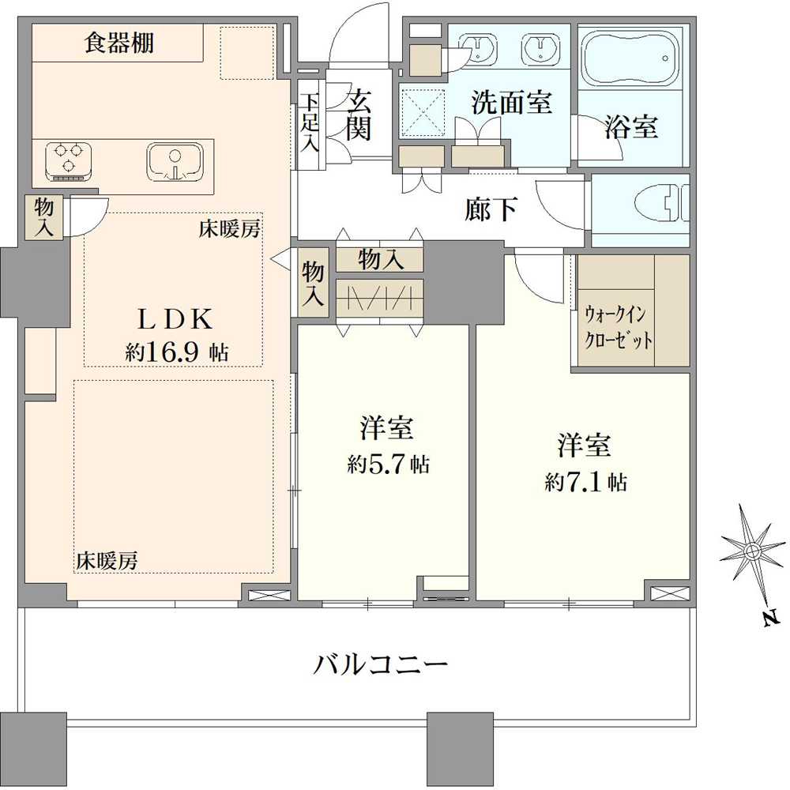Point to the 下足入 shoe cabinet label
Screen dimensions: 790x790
(x=310, y=122)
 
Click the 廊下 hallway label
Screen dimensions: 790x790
(x=491, y=209)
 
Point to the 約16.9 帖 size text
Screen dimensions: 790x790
(x=176, y=352)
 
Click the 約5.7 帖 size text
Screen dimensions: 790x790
(x=388, y=465)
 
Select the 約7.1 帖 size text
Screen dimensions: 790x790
(x=585, y=482)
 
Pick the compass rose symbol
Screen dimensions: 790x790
(x=753, y=550)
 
